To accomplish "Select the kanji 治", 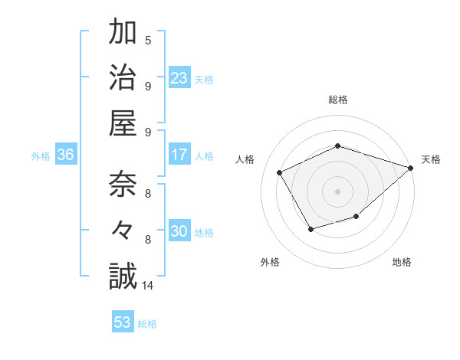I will point(122,77).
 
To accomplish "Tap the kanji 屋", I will point(122,123).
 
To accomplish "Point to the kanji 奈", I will point(122,185).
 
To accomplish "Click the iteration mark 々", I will point(122,231).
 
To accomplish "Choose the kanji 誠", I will point(122,276).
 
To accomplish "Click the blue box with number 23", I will point(179,77).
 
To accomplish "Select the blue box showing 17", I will point(179,155).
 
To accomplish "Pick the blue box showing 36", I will point(66,155).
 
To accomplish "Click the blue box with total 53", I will point(123,322).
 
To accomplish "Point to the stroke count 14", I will point(148,286).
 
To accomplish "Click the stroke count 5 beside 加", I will point(148,41).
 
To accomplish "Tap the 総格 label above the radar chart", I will point(338,100).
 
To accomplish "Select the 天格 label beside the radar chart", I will point(431,159).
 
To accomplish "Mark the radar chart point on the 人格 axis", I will point(280,172).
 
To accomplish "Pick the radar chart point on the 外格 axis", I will point(310,229).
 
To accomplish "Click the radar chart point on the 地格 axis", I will point(356,218).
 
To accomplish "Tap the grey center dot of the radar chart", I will point(338,191).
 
